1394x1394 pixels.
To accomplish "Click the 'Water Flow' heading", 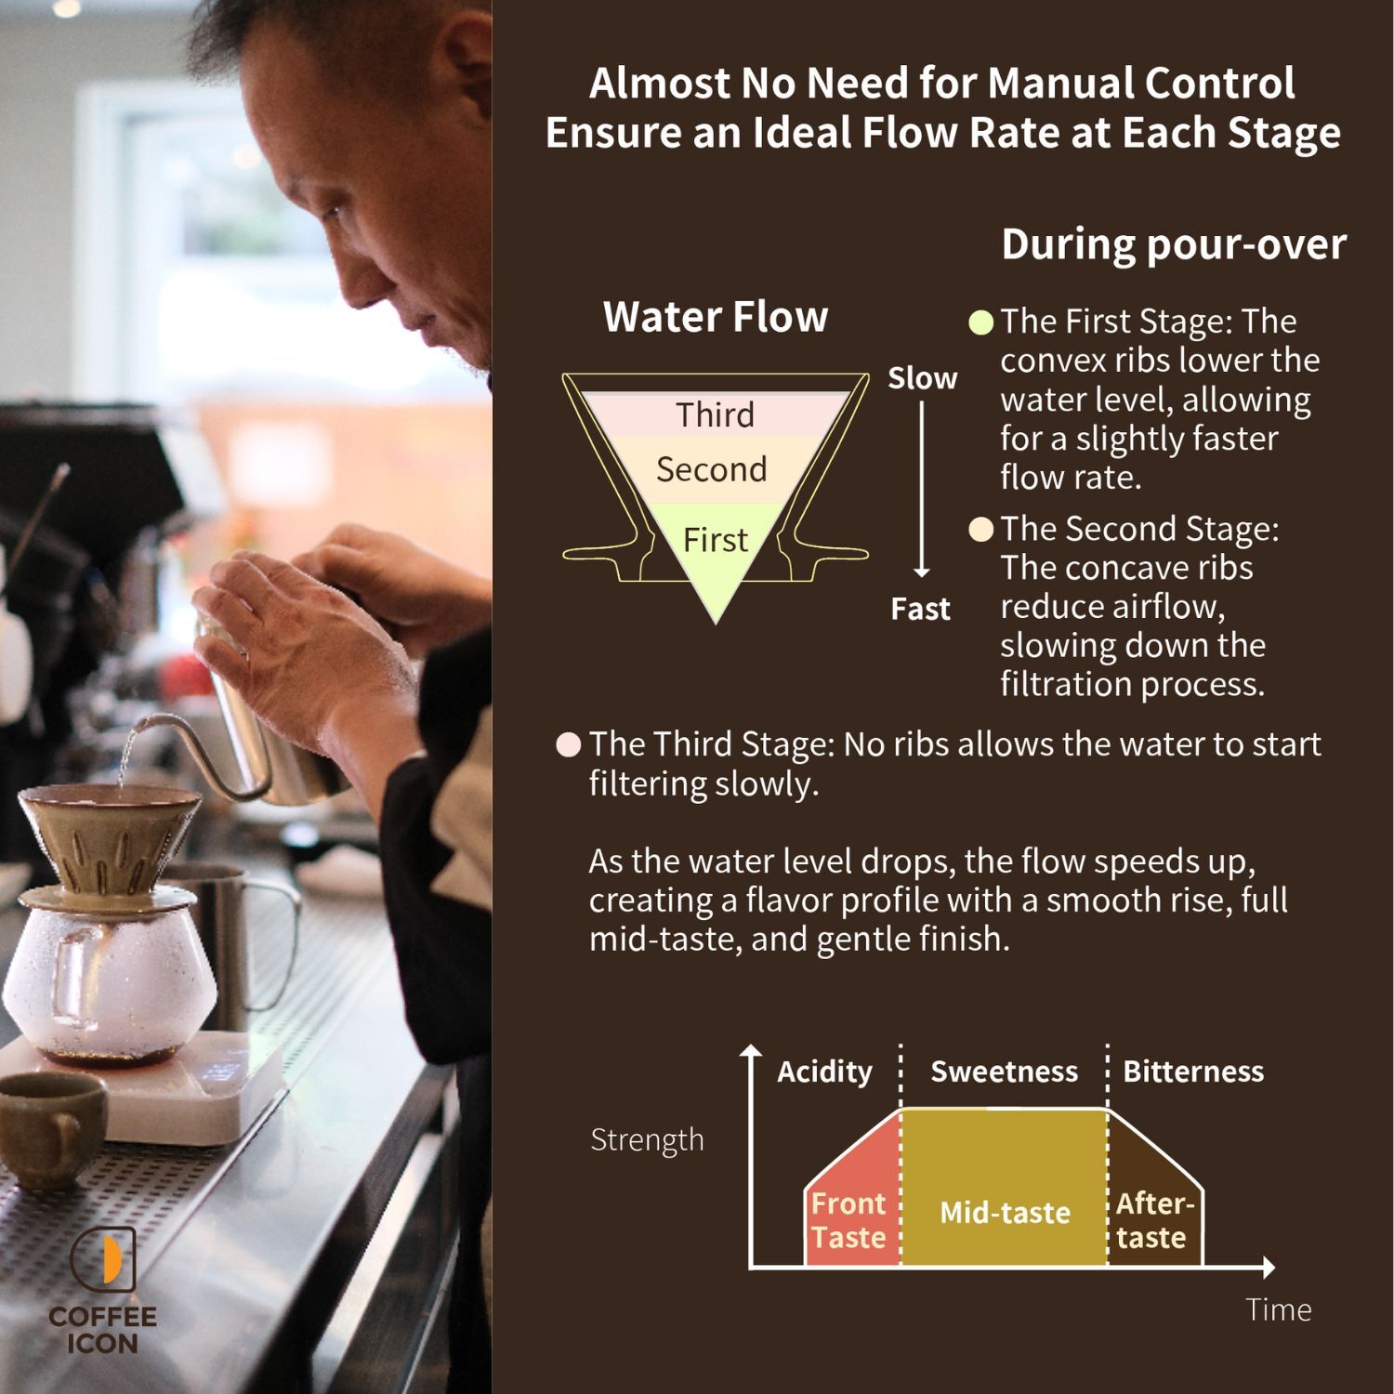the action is pyautogui.click(x=715, y=317).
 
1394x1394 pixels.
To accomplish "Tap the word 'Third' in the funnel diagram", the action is pyautogui.click(x=715, y=414).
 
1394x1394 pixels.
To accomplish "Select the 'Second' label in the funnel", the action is pyautogui.click(x=712, y=469).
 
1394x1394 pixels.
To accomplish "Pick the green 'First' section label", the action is pyautogui.click(x=715, y=540).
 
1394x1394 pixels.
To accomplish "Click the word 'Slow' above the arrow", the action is pyautogui.click(x=922, y=378).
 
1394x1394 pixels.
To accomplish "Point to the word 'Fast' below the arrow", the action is pyautogui.click(x=920, y=609).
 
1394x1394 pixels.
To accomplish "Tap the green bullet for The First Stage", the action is pyautogui.click(x=980, y=322).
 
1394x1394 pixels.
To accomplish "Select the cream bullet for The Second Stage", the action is pyautogui.click(x=980, y=530).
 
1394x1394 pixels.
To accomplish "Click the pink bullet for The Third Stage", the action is pyautogui.click(x=569, y=745).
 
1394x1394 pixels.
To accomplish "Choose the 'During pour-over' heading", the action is pyautogui.click(x=1174, y=244).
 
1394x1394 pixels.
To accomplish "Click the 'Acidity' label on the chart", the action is pyautogui.click(x=824, y=1072).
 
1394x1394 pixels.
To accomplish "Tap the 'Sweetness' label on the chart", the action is pyautogui.click(x=1005, y=1072).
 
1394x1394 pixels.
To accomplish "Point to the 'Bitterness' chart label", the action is pyautogui.click(x=1193, y=1072).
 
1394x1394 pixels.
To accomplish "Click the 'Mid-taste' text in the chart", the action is pyautogui.click(x=1005, y=1213).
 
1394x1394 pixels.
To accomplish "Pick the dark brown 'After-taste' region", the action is pyautogui.click(x=1155, y=1199).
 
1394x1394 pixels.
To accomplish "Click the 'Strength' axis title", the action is pyautogui.click(x=647, y=1140).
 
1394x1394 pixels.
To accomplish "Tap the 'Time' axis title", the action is pyautogui.click(x=1279, y=1309).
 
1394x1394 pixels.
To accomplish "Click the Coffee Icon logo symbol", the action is pyautogui.click(x=102, y=1259).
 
